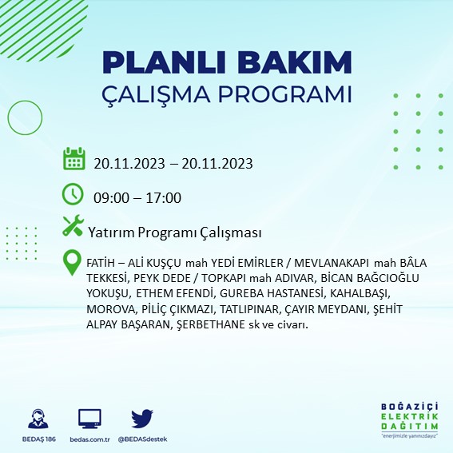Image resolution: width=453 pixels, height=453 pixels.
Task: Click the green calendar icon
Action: click(74, 158)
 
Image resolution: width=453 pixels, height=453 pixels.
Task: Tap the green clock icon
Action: click(73, 194)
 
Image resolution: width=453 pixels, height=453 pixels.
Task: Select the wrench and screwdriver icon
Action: click(73, 227)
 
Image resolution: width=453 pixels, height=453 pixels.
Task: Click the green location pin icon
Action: click(73, 262)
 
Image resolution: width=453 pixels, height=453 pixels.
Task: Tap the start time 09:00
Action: click(111, 198)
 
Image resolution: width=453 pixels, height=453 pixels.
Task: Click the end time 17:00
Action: click(164, 198)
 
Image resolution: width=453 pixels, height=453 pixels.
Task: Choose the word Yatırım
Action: click(112, 232)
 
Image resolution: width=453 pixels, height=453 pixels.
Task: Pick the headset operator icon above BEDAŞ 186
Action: click(35, 419)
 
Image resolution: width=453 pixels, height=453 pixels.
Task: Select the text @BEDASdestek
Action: click(141, 439)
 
